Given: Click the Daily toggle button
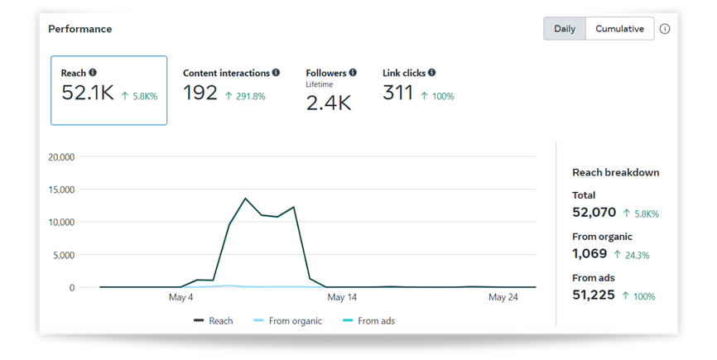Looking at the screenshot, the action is (565, 29).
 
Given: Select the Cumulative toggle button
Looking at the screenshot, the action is (619, 29).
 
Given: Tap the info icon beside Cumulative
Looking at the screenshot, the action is (665, 29).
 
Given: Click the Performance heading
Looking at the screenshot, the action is (80, 29).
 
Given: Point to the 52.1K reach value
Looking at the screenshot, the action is (87, 93).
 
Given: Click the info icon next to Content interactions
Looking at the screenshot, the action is (276, 72).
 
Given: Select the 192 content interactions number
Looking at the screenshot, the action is (200, 93).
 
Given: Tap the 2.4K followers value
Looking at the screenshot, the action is (329, 103).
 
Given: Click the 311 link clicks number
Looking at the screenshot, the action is (397, 93).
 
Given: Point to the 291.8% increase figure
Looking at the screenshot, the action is (251, 96).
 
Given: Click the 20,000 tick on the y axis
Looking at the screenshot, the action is (61, 156).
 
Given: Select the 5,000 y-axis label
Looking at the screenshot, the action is (64, 255).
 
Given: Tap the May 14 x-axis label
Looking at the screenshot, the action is (342, 297).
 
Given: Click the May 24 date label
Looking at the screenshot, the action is (503, 297).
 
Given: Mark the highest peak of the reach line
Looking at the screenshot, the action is (246, 199).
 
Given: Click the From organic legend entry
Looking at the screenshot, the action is (287, 321).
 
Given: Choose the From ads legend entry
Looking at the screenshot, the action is (368, 321).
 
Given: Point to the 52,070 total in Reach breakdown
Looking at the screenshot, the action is (594, 213).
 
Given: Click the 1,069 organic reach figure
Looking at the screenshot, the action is (589, 253).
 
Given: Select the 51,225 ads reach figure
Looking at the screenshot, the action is (594, 295).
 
